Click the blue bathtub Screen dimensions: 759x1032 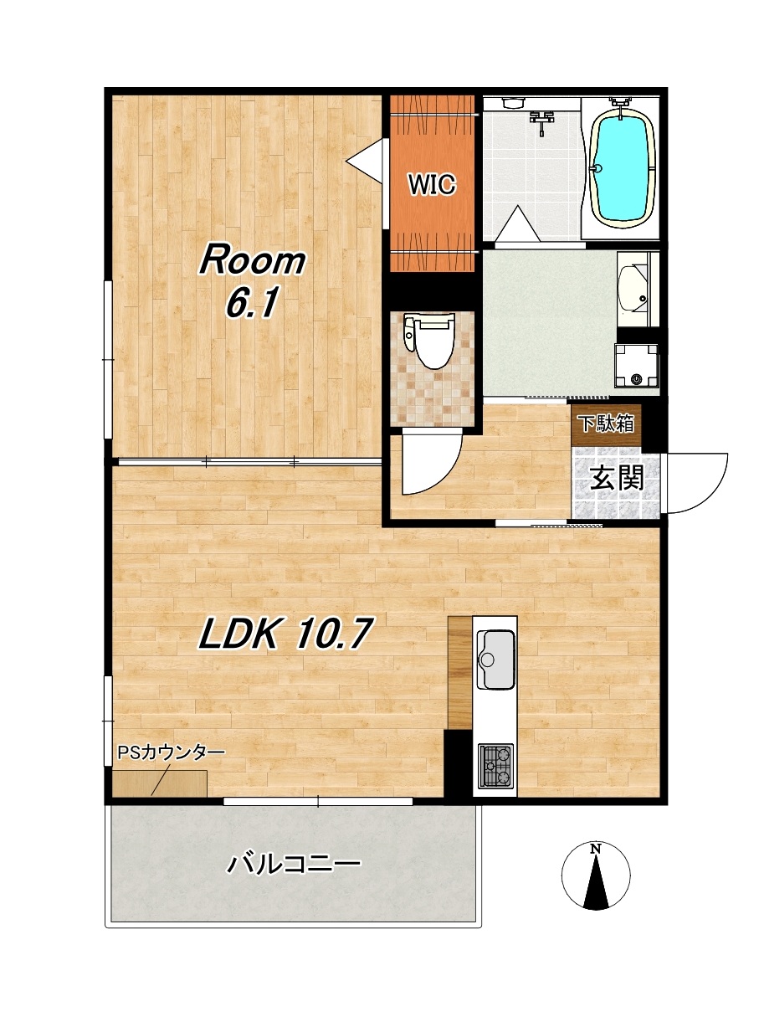[x=623, y=168]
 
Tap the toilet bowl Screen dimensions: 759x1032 [x=428, y=340]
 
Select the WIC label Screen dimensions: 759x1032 [x=432, y=184]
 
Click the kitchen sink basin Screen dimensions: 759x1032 [x=495, y=660]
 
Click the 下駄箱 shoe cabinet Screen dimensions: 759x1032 [x=605, y=425]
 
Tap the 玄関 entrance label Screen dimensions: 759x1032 [x=617, y=478]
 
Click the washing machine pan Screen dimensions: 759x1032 [x=636, y=364]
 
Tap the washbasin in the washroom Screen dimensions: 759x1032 [x=633, y=290]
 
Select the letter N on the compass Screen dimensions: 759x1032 [x=597, y=847]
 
